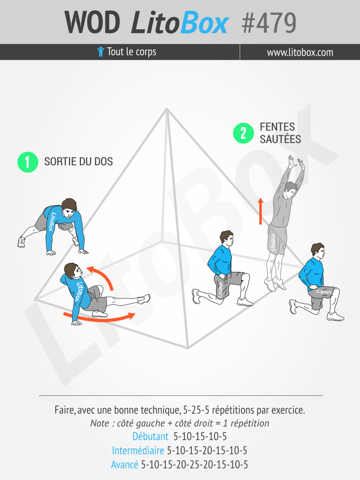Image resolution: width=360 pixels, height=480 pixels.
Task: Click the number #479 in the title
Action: [269, 23]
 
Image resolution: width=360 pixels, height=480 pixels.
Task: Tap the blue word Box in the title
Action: [204, 23]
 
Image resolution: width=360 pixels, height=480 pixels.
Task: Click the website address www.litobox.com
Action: [300, 52]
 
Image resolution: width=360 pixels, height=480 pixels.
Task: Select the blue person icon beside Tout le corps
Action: [101, 52]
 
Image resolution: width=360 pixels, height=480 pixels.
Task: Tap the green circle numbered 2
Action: [243, 133]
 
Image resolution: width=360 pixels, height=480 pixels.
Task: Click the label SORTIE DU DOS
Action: [78, 161]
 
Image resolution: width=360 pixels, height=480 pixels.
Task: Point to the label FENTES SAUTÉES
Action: [280, 133]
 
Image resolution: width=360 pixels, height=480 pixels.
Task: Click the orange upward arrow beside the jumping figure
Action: [260, 211]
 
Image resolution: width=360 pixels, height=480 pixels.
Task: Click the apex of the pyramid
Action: [167, 109]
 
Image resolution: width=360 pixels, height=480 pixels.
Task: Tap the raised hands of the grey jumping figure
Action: [295, 162]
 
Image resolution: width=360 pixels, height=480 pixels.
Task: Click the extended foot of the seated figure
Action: [144, 299]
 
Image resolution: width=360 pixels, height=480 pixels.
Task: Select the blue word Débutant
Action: [150, 436]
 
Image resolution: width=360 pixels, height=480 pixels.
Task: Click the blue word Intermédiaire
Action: [138, 450]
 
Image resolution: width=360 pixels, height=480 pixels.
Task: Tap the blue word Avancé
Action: [125, 464]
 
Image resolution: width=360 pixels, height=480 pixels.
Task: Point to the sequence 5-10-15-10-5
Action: [200, 436]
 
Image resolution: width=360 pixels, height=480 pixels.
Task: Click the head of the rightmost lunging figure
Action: [318, 251]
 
